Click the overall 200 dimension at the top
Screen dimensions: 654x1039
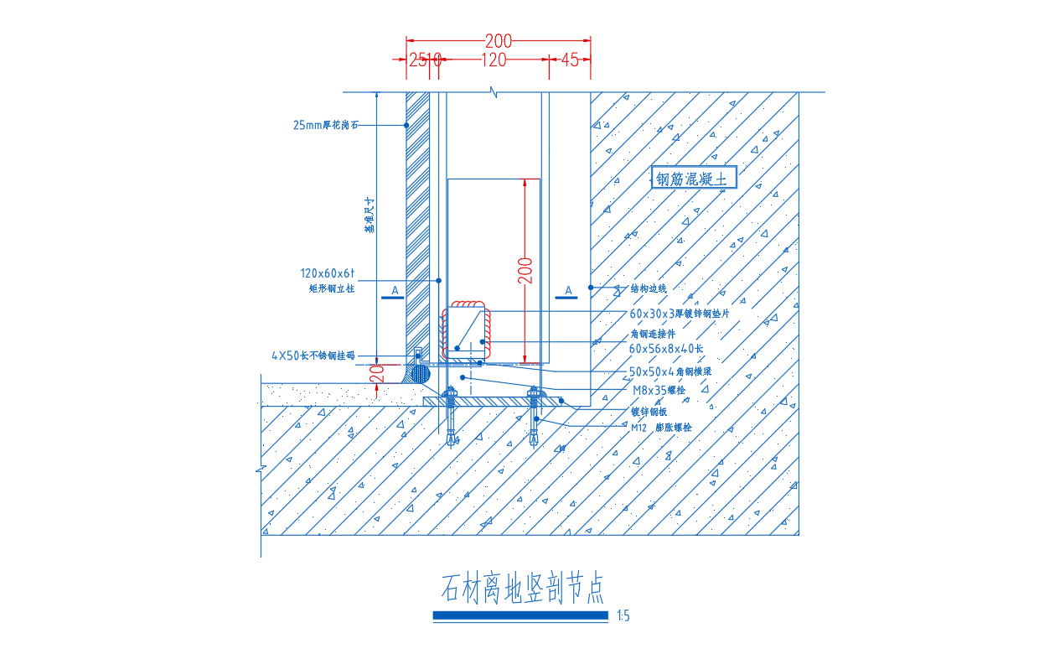tap(499, 39)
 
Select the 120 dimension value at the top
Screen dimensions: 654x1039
tap(494, 60)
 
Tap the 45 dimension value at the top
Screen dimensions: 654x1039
tap(570, 60)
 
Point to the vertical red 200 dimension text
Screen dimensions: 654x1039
tap(525, 270)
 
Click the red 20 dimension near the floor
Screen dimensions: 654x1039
tap(382, 373)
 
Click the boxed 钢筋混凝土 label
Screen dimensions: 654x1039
tap(695, 179)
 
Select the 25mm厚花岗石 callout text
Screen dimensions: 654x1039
tap(326, 126)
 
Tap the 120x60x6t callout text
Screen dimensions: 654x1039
tap(328, 273)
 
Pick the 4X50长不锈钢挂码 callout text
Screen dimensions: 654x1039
tap(313, 356)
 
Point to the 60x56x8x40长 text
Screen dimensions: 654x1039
tap(666, 348)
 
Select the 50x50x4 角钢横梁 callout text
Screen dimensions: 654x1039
tap(674, 371)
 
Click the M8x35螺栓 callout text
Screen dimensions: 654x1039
tap(659, 390)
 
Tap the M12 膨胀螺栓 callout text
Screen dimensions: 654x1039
tap(662, 427)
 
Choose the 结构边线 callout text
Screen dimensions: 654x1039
tap(649, 288)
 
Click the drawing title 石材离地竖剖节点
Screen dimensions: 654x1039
tap(521, 589)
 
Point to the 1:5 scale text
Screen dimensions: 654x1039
tap(623, 617)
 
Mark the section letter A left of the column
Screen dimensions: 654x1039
tap(395, 289)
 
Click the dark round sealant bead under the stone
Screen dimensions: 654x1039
tap(420, 374)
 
